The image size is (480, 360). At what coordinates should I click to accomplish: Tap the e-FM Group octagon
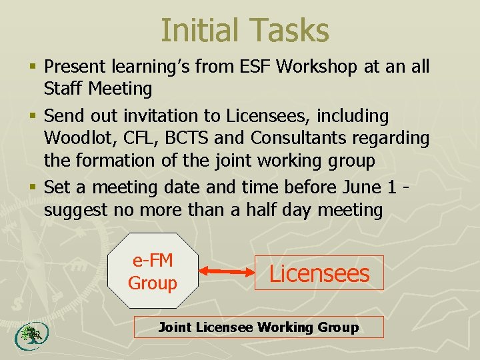click(153, 272)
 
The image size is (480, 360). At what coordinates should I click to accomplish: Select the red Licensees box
click(319, 273)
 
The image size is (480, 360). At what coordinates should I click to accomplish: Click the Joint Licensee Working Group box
click(259, 327)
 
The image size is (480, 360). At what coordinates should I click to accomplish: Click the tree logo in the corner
click(27, 336)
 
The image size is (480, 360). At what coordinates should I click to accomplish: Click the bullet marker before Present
click(33, 67)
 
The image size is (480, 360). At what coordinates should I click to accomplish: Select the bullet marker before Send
click(33, 117)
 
